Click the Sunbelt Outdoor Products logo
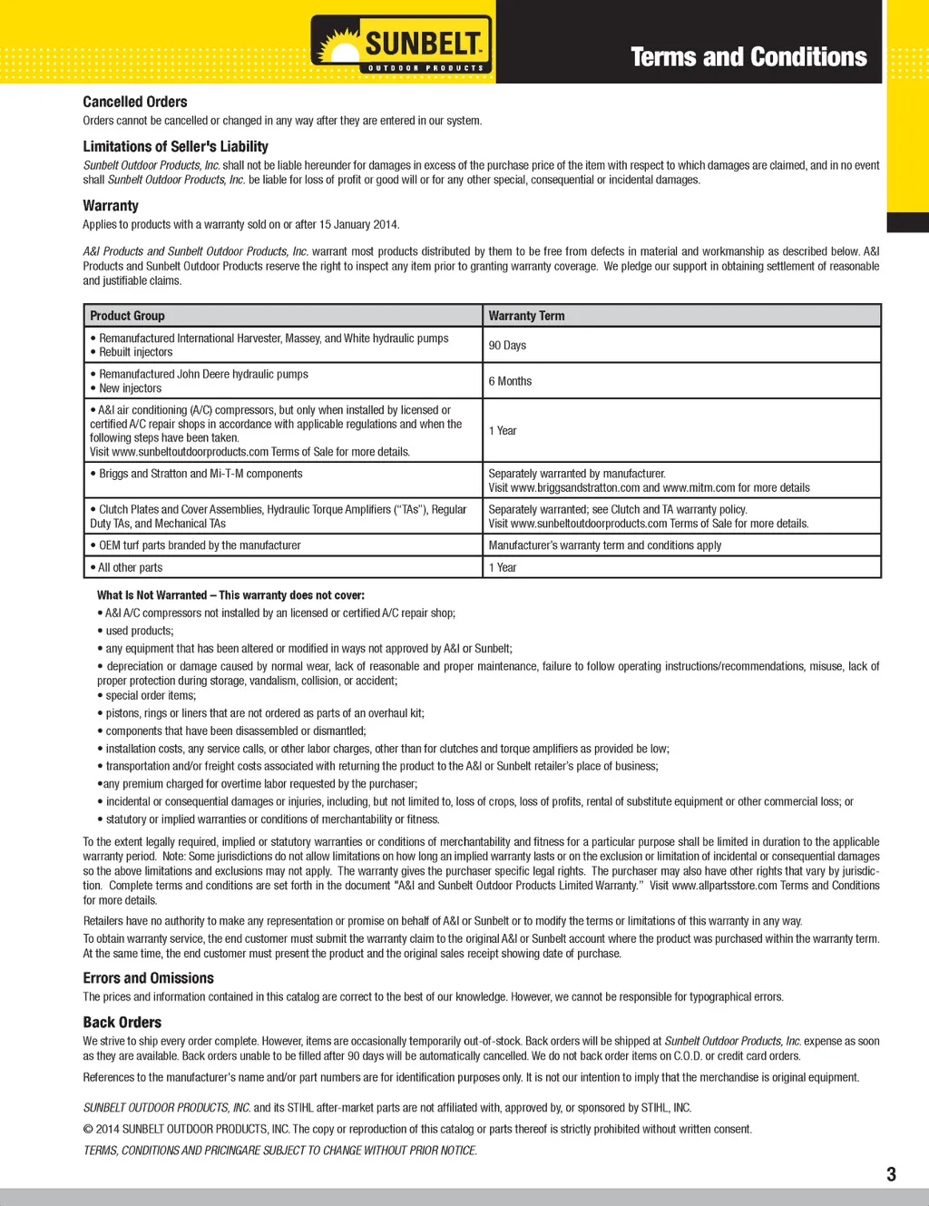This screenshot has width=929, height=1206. [402, 44]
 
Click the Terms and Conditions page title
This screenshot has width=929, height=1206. [748, 57]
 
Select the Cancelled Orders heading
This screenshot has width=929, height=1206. [135, 102]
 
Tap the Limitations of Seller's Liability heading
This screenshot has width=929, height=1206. [175, 146]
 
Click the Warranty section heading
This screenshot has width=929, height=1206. [111, 206]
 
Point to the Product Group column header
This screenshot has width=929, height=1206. [127, 316]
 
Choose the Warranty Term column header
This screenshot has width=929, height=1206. [526, 316]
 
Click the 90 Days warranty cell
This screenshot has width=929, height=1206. [507, 346]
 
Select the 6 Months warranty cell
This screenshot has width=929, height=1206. [510, 381]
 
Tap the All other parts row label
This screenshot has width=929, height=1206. [130, 567]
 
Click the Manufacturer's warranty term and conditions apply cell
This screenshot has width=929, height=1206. [605, 545]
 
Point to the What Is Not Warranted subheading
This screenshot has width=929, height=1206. [230, 595]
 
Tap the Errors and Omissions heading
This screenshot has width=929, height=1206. [149, 978]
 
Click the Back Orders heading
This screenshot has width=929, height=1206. [122, 1022]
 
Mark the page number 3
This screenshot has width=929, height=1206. [891, 1174]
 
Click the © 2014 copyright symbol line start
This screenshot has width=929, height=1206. [89, 1130]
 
